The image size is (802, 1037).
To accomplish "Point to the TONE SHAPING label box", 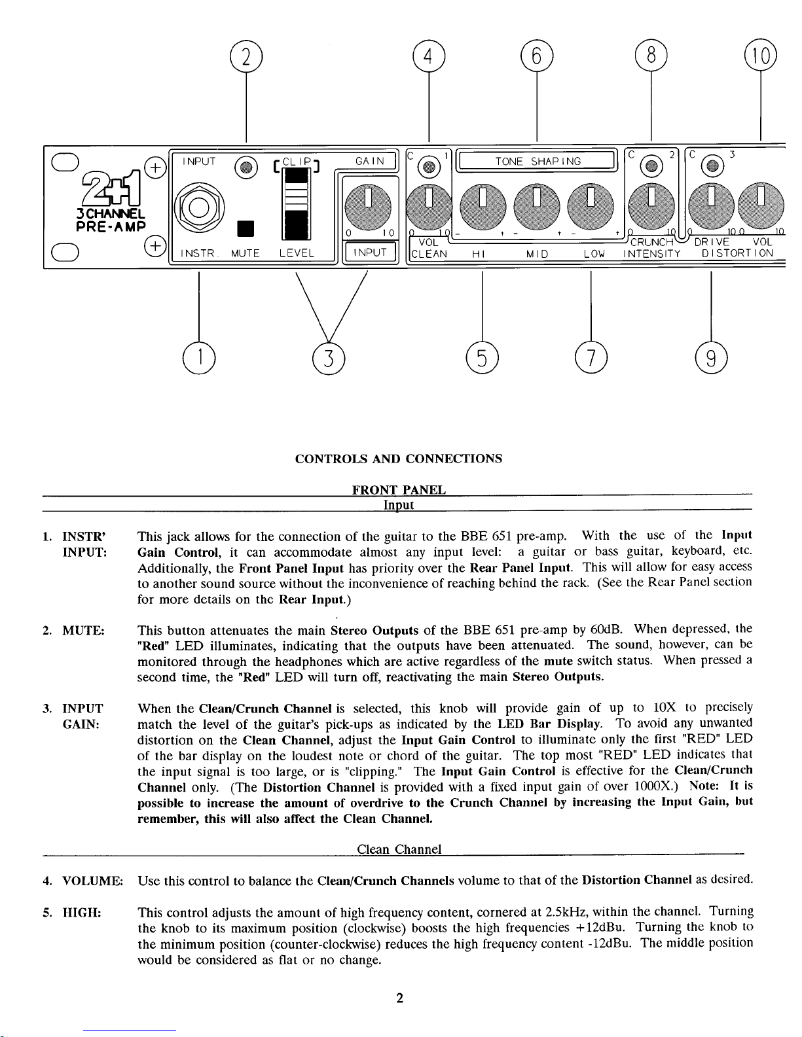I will tap(537, 161).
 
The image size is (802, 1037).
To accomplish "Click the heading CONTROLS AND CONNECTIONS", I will tap(399, 459).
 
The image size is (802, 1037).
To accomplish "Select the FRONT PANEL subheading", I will tap(399, 489).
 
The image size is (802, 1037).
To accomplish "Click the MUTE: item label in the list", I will tap(83, 631).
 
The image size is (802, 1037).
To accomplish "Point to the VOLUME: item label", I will tap(92, 880).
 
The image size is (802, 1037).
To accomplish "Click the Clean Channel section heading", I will tap(399, 849).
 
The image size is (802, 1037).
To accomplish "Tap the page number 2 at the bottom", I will tap(399, 998).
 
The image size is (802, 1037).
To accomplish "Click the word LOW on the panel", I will tap(593, 253).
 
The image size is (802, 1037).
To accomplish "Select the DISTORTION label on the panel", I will tap(737, 253).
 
